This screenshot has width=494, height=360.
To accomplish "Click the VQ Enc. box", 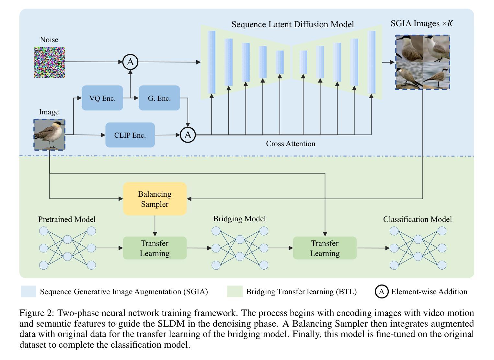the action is tap(102, 98).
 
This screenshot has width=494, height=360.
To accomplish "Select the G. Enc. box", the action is tap(159, 98).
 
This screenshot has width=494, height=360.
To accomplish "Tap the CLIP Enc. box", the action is tap(130, 135).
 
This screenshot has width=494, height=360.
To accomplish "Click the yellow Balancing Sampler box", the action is tap(155, 199).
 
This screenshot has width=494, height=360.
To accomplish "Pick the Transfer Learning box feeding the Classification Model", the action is tap(325, 248).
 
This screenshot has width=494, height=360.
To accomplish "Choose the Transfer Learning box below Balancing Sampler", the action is tap(155, 248).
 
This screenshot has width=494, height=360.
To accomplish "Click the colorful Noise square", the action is tap(49, 62).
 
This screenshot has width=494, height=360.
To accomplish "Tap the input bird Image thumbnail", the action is tap(49, 135).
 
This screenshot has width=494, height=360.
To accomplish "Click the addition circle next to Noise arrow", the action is tap(130, 62).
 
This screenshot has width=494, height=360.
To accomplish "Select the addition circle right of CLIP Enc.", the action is tap(188, 135).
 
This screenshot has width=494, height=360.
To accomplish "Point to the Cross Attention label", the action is tap(291, 144).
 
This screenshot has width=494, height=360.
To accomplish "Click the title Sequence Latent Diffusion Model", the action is tap(293, 24).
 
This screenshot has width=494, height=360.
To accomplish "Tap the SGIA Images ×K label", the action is tap(422, 23).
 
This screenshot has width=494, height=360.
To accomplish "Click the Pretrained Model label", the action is tap(67, 219).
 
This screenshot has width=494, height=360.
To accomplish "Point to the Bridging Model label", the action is tap(239, 219).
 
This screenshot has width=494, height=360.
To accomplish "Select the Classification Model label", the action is tap(418, 219).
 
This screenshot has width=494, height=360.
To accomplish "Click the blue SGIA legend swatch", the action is tap(29, 291).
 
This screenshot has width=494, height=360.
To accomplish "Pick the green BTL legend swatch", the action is tap(235, 291).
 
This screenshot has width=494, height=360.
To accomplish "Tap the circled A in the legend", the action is tap(382, 292).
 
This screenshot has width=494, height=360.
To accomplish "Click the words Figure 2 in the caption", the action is tap(36, 313).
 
